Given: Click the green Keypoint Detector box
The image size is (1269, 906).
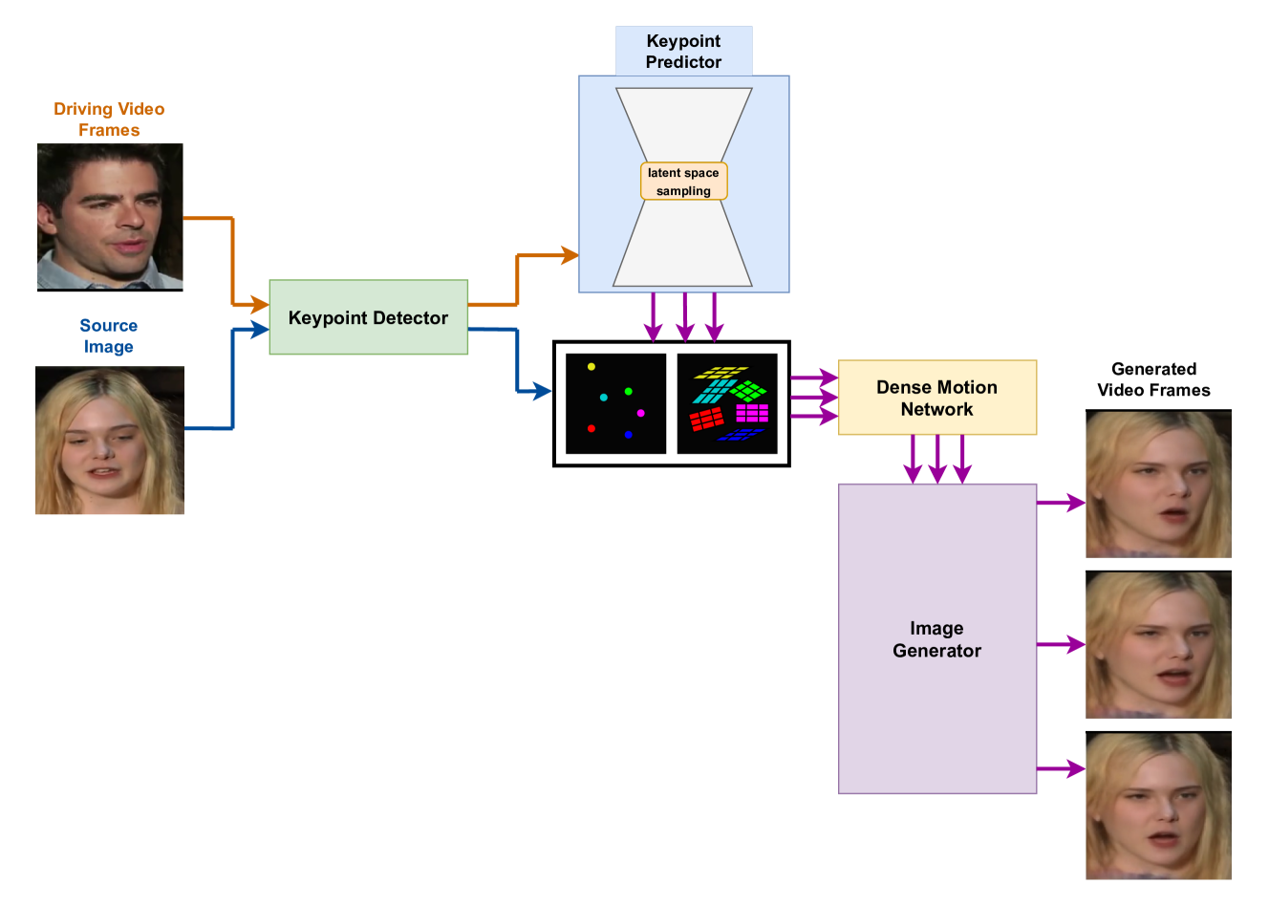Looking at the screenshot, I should (368, 317).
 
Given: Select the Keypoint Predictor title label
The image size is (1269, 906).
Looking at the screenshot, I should (683, 52).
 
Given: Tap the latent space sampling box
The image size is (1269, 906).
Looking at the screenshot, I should (683, 182).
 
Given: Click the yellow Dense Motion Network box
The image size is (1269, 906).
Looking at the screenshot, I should (936, 398).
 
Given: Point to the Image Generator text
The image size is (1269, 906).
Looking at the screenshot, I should (936, 639).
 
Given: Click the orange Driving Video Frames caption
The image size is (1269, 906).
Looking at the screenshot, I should (109, 120).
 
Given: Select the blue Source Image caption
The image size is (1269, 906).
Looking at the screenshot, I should (109, 336).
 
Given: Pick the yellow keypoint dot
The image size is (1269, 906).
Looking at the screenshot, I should (591, 367).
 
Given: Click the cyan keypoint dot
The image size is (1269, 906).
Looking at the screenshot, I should (603, 398).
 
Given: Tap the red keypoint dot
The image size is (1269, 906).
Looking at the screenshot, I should (591, 428).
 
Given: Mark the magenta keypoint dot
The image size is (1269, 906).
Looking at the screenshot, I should (640, 413).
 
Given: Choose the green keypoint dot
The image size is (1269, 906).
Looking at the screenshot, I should (628, 392).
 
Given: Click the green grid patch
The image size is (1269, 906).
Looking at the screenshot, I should (749, 391).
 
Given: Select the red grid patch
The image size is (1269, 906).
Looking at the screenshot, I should (706, 419).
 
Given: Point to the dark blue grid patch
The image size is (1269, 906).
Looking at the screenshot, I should (741, 435).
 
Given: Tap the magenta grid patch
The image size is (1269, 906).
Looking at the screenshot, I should (752, 413).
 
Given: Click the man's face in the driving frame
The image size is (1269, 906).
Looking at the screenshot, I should (110, 216).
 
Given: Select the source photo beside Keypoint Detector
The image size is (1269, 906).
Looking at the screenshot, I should (110, 441).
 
